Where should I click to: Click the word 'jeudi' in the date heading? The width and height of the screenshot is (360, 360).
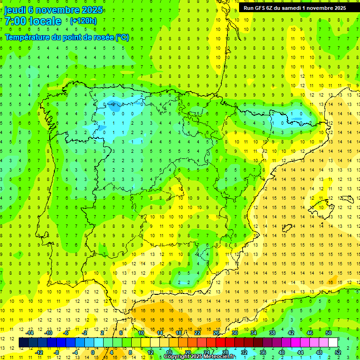point(15,10)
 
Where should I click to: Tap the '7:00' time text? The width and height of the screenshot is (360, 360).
point(15,21)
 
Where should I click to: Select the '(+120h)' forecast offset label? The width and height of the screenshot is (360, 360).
point(83,21)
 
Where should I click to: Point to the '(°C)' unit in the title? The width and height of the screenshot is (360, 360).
point(122,37)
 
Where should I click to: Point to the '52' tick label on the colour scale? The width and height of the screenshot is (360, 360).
point(338,352)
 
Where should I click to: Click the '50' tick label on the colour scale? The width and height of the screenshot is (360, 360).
point(329,333)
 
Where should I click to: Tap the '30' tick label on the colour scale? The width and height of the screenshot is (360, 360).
point(235,333)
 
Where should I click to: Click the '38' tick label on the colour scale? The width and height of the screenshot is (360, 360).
point(272,333)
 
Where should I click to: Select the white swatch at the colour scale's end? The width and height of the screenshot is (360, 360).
point(333,343)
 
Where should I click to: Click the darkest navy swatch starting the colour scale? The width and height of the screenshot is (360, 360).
point(23,343)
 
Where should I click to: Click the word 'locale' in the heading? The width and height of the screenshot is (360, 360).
point(45,21)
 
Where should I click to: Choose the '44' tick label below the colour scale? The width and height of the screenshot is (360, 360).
point(300,352)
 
